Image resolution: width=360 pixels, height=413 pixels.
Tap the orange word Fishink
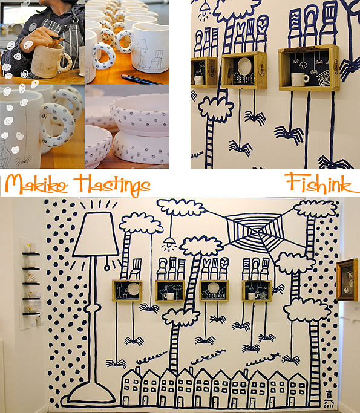click(321, 183)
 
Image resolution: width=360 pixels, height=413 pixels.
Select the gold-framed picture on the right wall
click(348, 279)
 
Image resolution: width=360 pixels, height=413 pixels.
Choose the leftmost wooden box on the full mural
click(127, 291)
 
